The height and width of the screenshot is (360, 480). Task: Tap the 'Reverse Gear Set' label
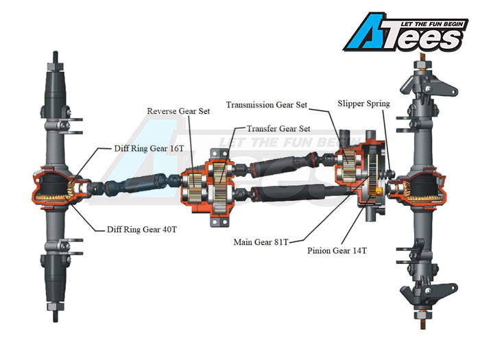coord(178,111)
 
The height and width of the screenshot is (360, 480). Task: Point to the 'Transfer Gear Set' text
coord(278,128)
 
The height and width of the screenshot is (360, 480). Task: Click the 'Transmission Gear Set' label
coord(267,105)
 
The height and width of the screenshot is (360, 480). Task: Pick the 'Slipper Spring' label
coord(363,104)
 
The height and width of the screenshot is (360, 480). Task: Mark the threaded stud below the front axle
coord(53,315)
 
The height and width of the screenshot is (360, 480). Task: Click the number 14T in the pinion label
coord(358,251)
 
